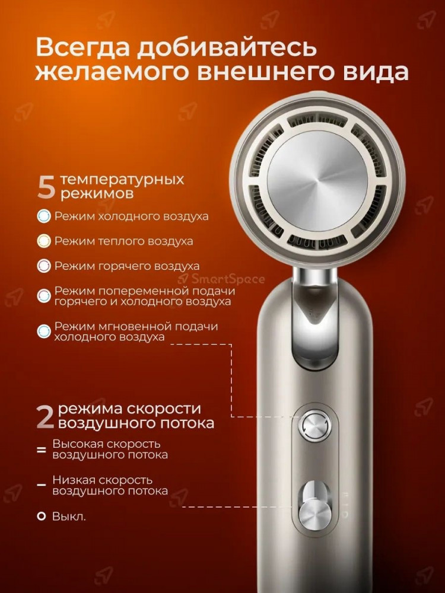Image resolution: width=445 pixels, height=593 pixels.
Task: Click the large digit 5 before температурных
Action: click(x=46, y=186)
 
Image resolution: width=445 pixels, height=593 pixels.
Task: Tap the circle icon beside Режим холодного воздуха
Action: click(x=44, y=216)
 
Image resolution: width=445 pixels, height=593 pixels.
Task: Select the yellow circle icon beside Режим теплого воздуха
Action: click(x=44, y=241)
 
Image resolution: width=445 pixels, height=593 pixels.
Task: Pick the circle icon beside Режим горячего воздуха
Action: click(x=44, y=266)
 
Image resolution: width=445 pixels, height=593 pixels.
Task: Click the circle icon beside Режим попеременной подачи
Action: click(x=44, y=296)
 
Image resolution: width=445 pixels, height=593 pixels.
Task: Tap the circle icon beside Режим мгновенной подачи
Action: click(x=44, y=331)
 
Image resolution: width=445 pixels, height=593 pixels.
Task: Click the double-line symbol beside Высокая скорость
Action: click(x=42, y=450)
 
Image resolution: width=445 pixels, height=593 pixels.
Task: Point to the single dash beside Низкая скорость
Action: click(x=42, y=485)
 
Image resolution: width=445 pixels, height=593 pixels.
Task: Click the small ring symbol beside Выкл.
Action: click(x=42, y=517)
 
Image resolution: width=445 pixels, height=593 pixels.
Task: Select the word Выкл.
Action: click(x=69, y=517)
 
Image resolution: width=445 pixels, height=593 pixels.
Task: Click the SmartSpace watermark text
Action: click(x=222, y=279)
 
